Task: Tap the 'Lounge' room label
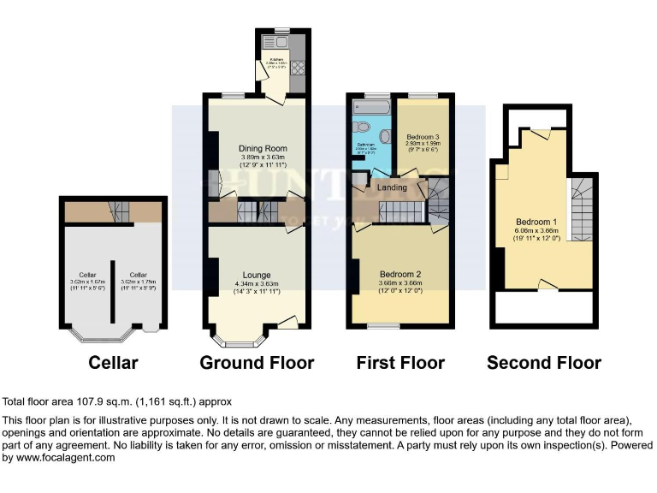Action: (257, 275)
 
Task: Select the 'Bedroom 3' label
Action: (423, 137)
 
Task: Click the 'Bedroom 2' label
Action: (401, 275)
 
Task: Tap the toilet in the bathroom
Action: (363, 129)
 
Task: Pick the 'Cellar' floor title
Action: (113, 363)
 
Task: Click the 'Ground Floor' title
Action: (257, 363)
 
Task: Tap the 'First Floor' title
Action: (400, 363)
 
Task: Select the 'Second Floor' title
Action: (543, 363)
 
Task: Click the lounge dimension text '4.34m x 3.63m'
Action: (257, 284)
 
